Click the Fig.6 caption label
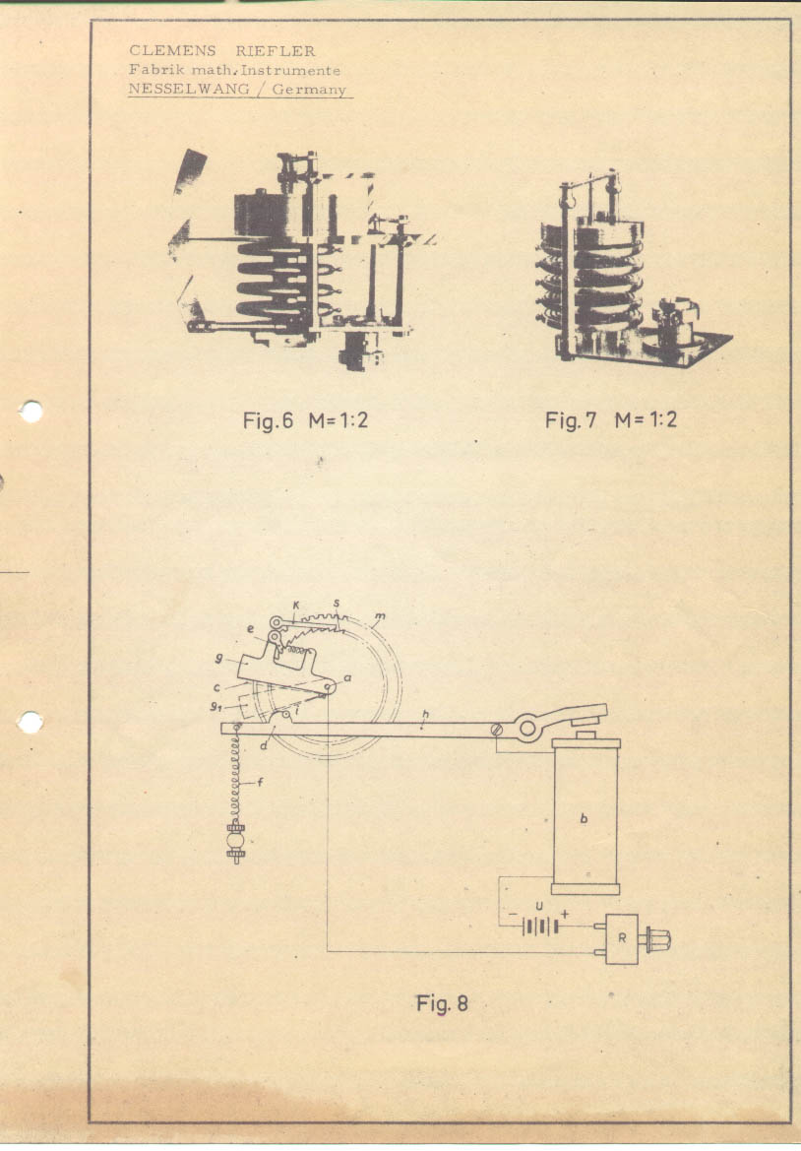268,420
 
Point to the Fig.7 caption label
571,420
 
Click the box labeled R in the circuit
621,938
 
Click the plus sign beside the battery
565,913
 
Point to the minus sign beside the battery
512,915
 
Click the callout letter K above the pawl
296,604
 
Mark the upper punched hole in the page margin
31,411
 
